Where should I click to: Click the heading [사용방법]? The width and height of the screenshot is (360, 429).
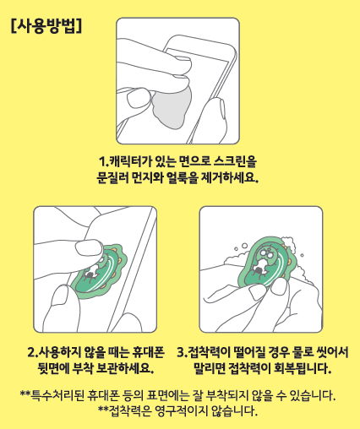point(46,26)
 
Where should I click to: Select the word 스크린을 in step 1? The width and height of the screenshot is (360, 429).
point(235,161)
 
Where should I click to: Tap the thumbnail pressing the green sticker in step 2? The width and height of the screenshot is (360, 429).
point(89,248)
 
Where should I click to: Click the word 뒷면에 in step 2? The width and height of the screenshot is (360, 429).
point(54,368)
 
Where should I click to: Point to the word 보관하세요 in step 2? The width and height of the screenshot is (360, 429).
point(123,368)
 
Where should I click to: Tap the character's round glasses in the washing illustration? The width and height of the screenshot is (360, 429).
point(267,253)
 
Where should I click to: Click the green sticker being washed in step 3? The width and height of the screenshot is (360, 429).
point(266,263)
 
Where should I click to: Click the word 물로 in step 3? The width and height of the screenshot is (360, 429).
point(306,352)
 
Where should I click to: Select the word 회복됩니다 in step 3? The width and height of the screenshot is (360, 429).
point(302,368)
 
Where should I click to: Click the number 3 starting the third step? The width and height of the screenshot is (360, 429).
point(180,352)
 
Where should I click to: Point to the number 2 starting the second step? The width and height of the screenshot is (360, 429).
point(31,352)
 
